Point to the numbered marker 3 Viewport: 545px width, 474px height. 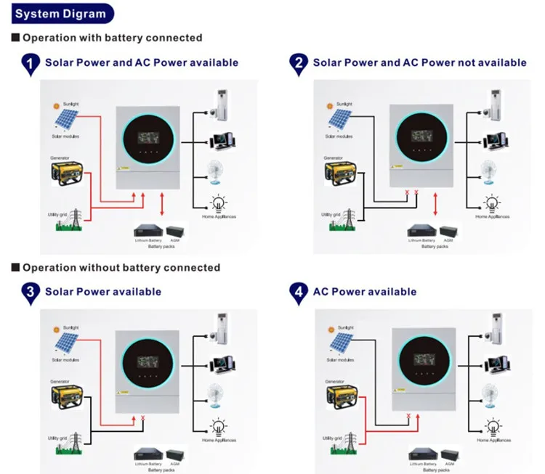(30, 293)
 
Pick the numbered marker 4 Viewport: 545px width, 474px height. (298, 293)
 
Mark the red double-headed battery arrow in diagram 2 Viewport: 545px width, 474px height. (435, 205)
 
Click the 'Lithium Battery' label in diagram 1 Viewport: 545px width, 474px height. (146, 239)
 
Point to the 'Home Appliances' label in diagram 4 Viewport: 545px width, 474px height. (493, 441)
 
